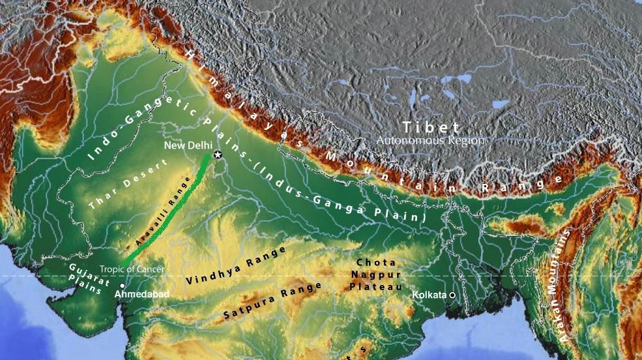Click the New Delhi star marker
[x=217, y=155]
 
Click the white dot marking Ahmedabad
[x=123, y=286]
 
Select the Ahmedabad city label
[x=141, y=295]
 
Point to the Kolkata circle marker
[x=452, y=295]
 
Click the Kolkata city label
[x=429, y=295]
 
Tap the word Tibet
[x=431, y=127]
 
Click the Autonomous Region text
[x=431, y=140]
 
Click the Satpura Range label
[x=272, y=301]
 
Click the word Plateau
[x=375, y=286]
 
